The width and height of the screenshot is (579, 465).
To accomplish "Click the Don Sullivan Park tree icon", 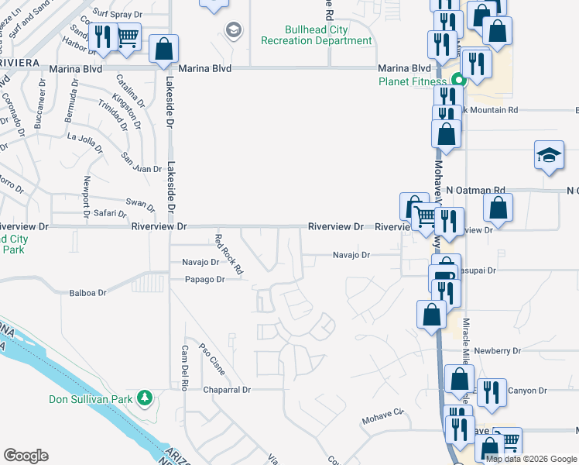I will coord(144,398).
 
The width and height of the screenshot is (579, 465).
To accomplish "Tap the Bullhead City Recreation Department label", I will coord(316,36).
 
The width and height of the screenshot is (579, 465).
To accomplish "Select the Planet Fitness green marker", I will coord(458,79).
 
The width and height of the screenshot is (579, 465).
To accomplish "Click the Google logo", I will coord(26,456).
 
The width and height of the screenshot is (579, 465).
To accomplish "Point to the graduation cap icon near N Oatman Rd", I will coord(549,156).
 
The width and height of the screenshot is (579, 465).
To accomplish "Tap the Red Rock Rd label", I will coord(229,254).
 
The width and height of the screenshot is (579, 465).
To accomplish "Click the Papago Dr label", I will coord(204,280).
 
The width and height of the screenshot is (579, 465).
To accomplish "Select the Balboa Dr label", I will coord(87,293).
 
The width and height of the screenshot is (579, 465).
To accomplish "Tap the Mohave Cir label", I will coord(382,421).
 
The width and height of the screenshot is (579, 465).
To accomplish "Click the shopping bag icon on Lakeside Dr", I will coord(164,50).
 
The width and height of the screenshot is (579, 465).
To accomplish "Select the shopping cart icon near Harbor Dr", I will coord(128,36).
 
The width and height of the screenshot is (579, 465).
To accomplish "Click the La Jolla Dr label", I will coord(84,139).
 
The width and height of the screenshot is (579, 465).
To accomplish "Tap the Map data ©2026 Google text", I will coord(532,459).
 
